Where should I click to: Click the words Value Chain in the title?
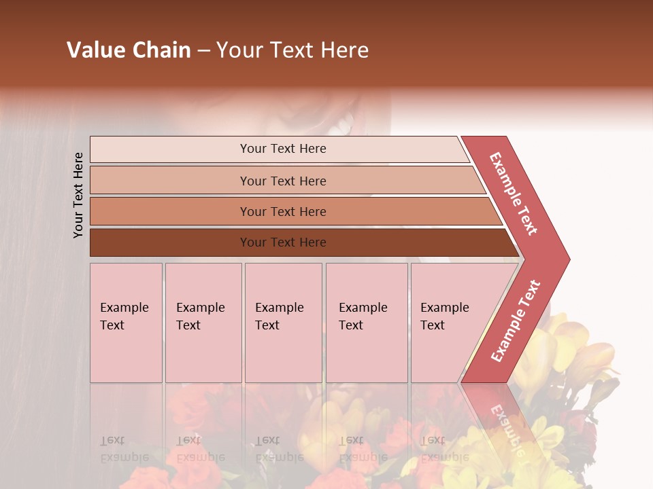129,50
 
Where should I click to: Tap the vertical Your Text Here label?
78,195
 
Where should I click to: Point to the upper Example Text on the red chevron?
514,194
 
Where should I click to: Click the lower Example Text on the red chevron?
516,321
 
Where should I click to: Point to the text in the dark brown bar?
283,242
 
